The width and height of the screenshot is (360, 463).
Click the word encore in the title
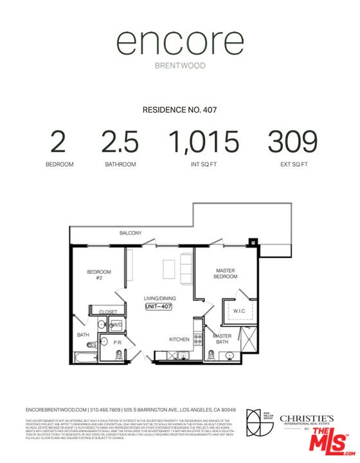coord(179,44)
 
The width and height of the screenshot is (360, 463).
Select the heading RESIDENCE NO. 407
coord(179,110)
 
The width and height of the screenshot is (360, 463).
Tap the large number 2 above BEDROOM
coord(59,141)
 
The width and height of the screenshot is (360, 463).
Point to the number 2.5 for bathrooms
coord(120,141)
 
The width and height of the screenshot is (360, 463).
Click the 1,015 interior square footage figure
coord(203,141)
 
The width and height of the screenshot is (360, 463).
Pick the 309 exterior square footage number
coord(292,141)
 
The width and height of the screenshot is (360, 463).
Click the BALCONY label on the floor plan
coord(130,233)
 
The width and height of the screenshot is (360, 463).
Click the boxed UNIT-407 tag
coord(159,307)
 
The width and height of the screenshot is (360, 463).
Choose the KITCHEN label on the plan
coord(179,339)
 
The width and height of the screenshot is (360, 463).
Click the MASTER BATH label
coord(222,339)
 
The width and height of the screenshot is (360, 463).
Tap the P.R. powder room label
coord(118,343)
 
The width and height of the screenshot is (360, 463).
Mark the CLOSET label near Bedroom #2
coord(108,312)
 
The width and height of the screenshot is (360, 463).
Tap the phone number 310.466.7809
coord(106,410)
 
